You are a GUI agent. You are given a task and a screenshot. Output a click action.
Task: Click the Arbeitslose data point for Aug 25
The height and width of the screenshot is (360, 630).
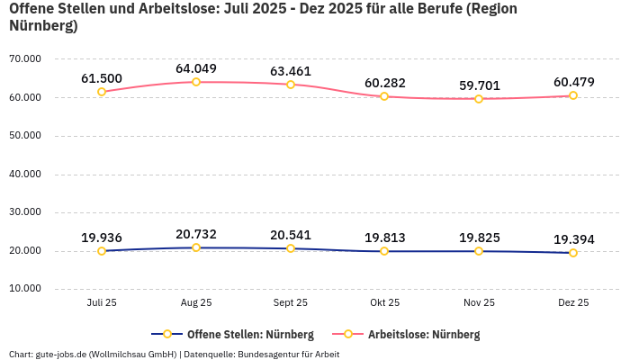point(196,82)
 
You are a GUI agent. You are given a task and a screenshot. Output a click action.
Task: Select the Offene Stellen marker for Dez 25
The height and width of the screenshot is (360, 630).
point(572,253)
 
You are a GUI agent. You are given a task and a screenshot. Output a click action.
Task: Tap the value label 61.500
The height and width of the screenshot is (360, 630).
point(102,78)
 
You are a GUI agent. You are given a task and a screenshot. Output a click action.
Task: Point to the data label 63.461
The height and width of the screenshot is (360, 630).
point(290,71)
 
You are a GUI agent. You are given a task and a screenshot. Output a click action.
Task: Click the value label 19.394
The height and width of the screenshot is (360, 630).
point(573,239)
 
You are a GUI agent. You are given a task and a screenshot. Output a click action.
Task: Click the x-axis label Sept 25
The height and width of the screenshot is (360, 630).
point(290,303)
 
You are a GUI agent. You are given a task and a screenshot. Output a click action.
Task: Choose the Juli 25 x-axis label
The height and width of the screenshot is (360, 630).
point(102,303)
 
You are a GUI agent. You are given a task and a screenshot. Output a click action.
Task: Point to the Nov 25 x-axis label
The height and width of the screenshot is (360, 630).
point(479,303)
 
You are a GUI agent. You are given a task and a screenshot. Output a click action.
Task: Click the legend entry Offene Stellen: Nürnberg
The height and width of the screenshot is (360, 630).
point(232,334)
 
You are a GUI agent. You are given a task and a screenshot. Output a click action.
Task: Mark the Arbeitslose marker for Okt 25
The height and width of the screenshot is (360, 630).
point(384,96)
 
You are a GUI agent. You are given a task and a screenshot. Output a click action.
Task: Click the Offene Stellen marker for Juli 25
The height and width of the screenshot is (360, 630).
point(102,251)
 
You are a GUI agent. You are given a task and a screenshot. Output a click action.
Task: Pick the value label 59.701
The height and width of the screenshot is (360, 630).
point(479,85)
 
